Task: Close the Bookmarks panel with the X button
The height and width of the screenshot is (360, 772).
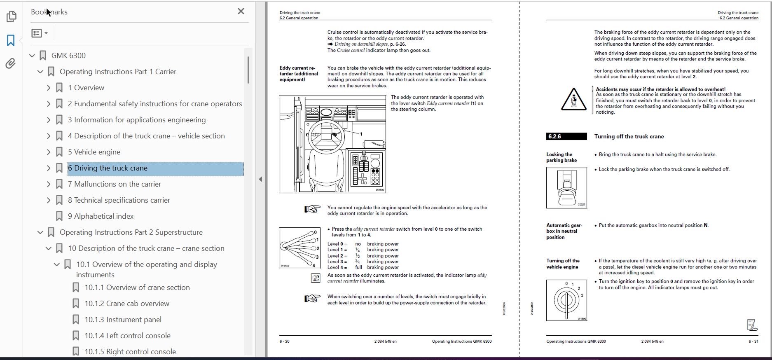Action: tap(241, 12)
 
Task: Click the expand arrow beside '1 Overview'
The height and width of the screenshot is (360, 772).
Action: tap(49, 88)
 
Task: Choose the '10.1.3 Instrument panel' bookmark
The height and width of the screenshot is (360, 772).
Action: tap(123, 320)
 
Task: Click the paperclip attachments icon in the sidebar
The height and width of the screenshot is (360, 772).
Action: tap(11, 63)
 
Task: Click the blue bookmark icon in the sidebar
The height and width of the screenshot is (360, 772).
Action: tap(11, 40)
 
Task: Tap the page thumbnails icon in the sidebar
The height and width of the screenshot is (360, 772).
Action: tap(11, 16)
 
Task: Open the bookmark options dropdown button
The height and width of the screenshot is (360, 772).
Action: tap(40, 33)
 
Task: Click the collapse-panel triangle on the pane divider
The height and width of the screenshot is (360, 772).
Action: tap(260, 179)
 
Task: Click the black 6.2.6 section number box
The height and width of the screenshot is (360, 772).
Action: tap(566, 136)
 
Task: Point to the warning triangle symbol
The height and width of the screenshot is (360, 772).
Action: tap(573, 100)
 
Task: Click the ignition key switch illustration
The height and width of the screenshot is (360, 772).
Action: tap(566, 300)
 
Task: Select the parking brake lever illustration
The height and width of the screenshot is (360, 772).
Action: tap(566, 188)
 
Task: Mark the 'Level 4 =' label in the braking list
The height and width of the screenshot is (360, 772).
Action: tap(337, 267)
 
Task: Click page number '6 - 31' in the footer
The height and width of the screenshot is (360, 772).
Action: tap(753, 341)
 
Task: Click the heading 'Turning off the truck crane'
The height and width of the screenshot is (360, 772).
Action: tap(629, 137)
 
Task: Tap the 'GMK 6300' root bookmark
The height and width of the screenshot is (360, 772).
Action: tap(68, 56)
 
